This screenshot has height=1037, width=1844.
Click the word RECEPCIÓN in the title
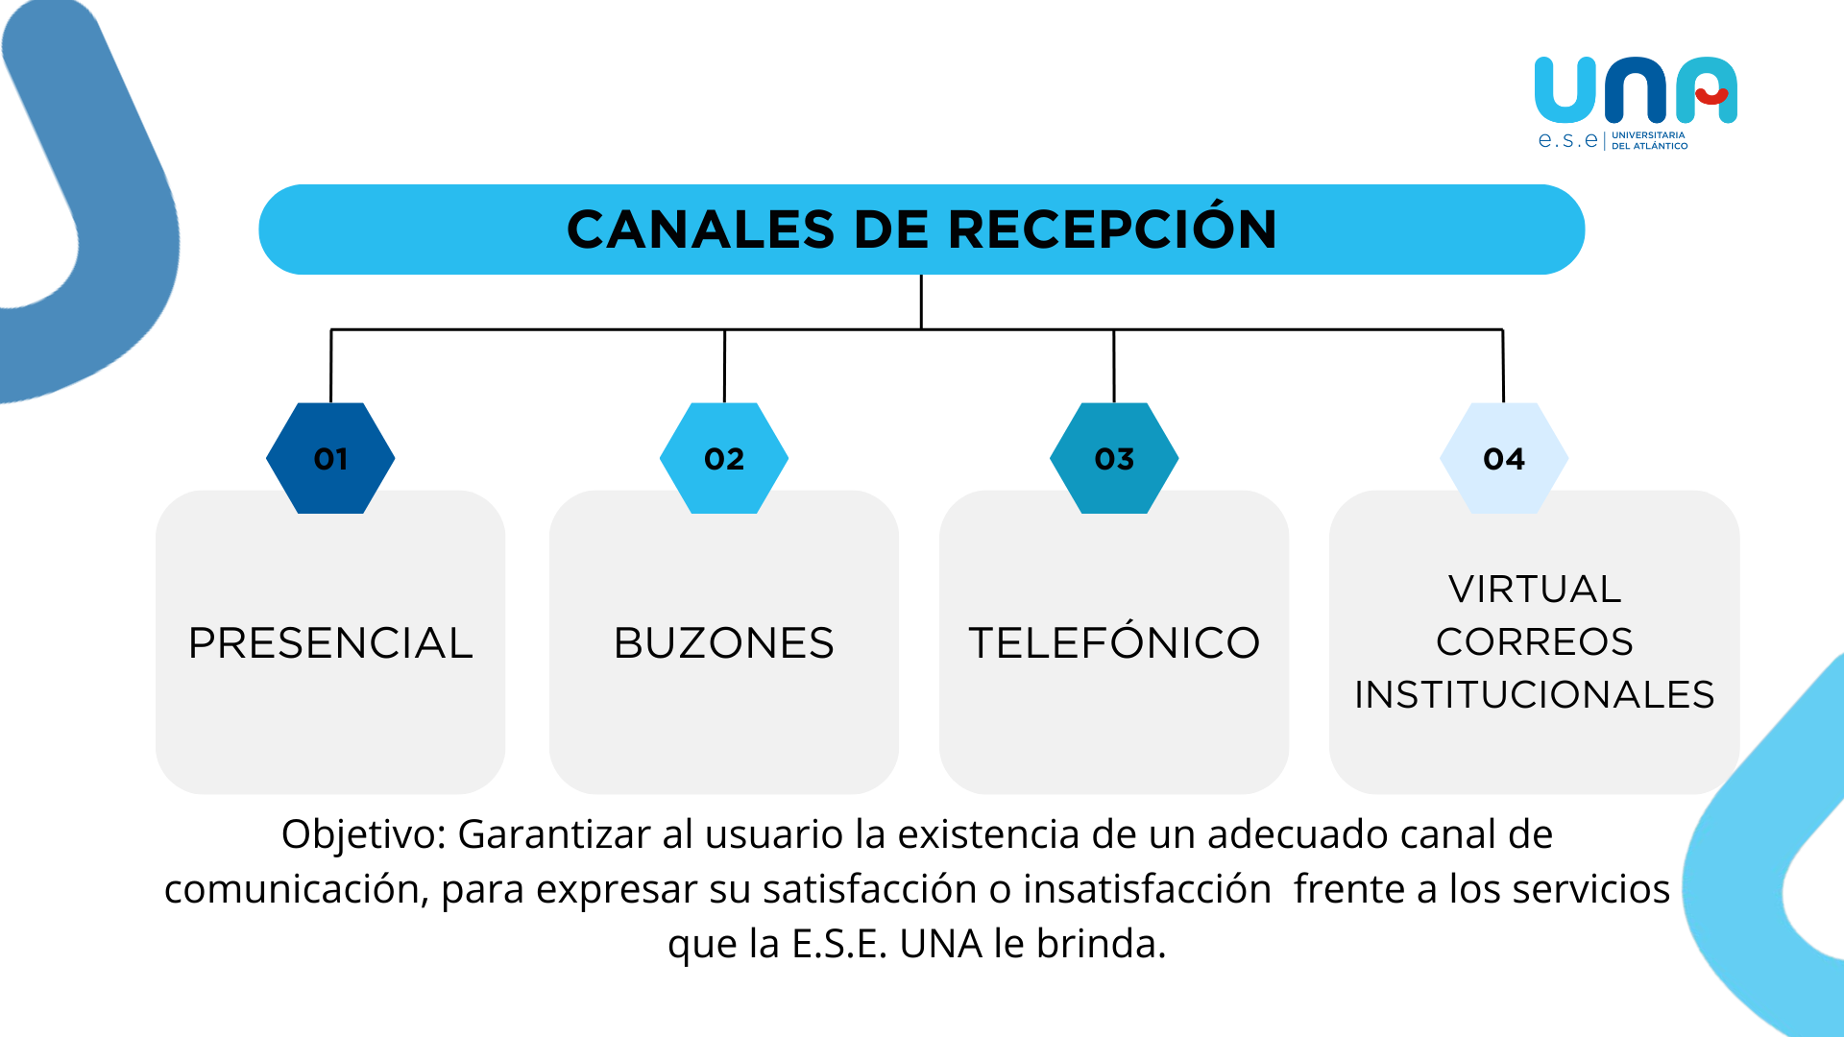(1112, 230)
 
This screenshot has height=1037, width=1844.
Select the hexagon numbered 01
(330, 459)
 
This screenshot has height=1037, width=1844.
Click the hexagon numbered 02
(724, 459)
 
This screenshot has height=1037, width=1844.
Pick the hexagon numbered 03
(1114, 459)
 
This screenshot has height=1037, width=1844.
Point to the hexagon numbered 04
(1504, 459)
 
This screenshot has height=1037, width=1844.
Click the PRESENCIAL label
(330, 643)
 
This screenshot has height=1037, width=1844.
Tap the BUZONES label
(724, 643)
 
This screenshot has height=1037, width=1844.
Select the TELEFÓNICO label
(1114, 643)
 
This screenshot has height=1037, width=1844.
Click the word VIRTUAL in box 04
(1535, 590)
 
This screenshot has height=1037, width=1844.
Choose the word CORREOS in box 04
(1535, 642)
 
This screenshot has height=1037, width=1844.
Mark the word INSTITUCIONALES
(1535, 695)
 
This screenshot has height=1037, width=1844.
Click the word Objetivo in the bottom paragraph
(363, 835)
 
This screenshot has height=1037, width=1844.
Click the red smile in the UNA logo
(1711, 96)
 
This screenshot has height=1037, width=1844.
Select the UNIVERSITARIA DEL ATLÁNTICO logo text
(1649, 141)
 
